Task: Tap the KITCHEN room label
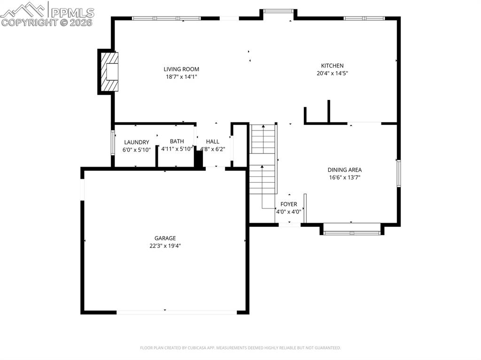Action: pyautogui.click(x=332, y=66)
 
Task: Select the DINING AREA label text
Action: pyautogui.click(x=344, y=170)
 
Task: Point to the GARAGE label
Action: pyautogui.click(x=165, y=238)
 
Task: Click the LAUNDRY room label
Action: pyautogui.click(x=136, y=142)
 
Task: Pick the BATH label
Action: pyautogui.click(x=177, y=141)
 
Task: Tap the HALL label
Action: pyautogui.click(x=212, y=141)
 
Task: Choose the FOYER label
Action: pyautogui.click(x=288, y=204)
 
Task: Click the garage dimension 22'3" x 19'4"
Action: pyautogui.click(x=165, y=245)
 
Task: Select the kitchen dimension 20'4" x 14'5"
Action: pyautogui.click(x=332, y=73)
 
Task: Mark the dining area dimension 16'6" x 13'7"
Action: pyautogui.click(x=344, y=177)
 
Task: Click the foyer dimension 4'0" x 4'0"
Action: pyautogui.click(x=288, y=212)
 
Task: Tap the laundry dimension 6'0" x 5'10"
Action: pyautogui.click(x=136, y=150)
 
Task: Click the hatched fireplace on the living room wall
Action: pyautogui.click(x=109, y=72)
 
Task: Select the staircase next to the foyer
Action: pyautogui.click(x=263, y=160)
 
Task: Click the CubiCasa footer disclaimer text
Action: pyautogui.click(x=240, y=348)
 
